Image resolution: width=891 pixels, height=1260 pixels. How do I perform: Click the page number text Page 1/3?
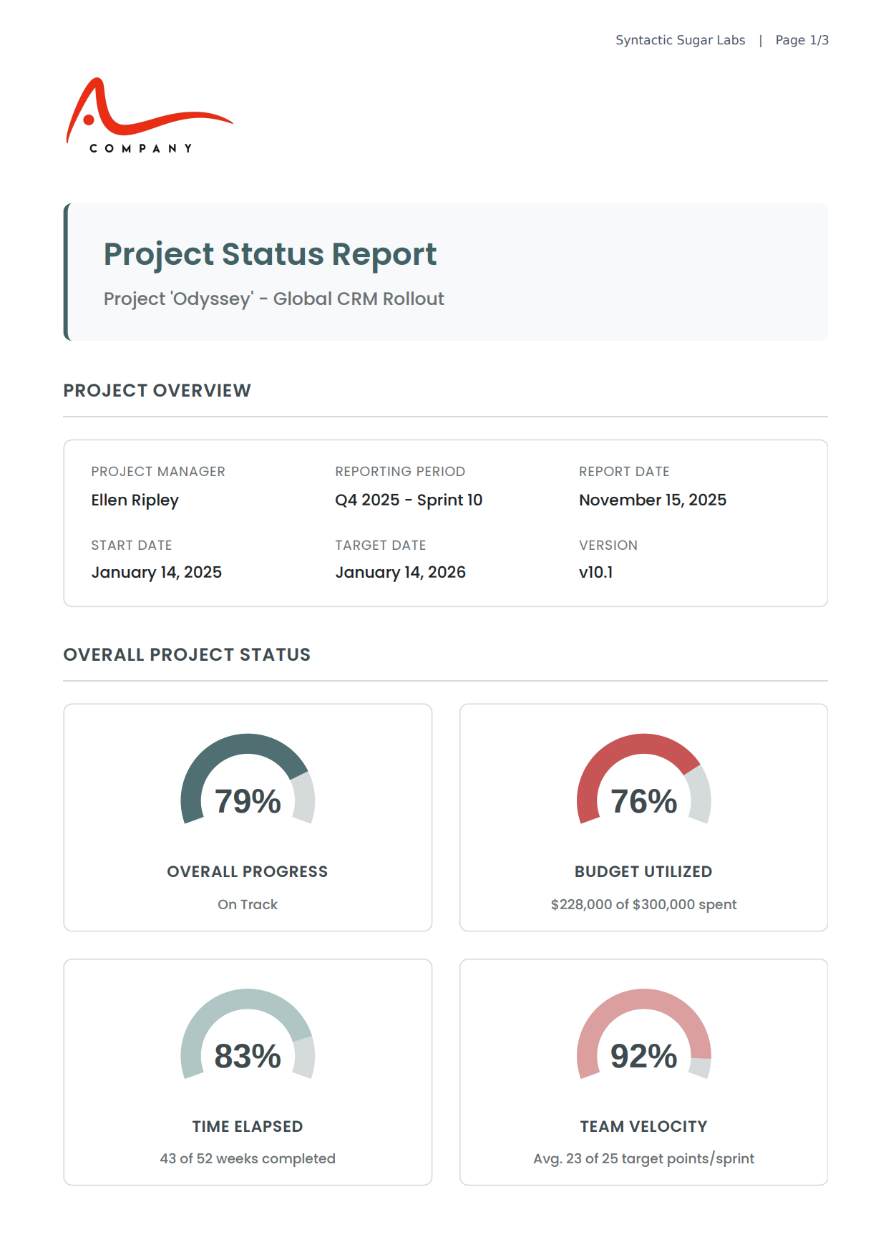pyautogui.click(x=802, y=40)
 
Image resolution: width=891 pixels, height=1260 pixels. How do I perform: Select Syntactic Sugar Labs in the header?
pyautogui.click(x=680, y=40)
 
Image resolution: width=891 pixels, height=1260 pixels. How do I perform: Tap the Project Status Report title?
pyautogui.click(x=270, y=254)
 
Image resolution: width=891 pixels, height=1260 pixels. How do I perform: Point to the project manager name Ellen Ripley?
pyautogui.click(x=135, y=500)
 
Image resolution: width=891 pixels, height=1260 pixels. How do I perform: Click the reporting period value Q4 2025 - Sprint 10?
pyautogui.click(x=409, y=500)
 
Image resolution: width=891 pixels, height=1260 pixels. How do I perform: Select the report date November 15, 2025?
pyautogui.click(x=652, y=500)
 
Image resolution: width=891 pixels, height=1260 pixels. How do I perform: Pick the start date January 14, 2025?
pyautogui.click(x=156, y=572)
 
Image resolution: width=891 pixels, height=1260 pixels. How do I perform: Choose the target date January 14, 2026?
pyautogui.click(x=400, y=572)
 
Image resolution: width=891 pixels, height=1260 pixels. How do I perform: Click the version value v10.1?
pyautogui.click(x=595, y=572)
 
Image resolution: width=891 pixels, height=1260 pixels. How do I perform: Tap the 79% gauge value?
pyautogui.click(x=248, y=801)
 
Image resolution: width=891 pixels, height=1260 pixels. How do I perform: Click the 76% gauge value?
pyautogui.click(x=643, y=801)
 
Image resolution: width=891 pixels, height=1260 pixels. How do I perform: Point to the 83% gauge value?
pyautogui.click(x=248, y=1056)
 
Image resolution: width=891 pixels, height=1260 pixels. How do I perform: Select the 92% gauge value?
pyautogui.click(x=643, y=1056)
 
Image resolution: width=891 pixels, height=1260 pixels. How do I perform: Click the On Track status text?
pyautogui.click(x=248, y=904)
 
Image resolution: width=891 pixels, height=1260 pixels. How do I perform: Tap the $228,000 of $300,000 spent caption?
pyautogui.click(x=643, y=904)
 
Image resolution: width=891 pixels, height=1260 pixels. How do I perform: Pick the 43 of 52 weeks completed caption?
pyautogui.click(x=248, y=1158)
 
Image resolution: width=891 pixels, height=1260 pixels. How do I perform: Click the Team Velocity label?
pyautogui.click(x=643, y=1126)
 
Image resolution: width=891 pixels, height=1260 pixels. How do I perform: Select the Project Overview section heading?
pyautogui.click(x=157, y=390)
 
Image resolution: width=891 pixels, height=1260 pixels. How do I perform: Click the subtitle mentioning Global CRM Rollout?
pyautogui.click(x=273, y=299)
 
